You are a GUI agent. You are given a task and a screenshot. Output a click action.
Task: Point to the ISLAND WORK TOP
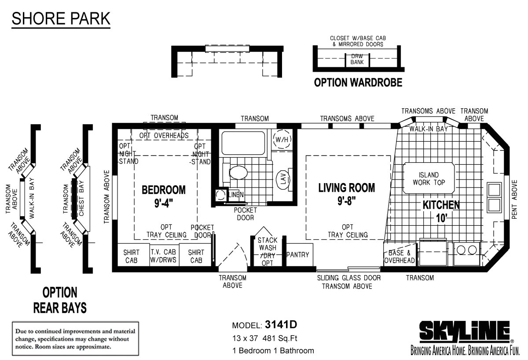tap(429, 179)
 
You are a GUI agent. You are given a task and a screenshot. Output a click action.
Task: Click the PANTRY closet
tap(298, 255)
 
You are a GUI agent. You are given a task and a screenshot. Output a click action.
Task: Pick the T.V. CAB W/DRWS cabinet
tap(164, 256)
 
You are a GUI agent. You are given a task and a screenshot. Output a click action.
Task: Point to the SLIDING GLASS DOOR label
tap(349, 278)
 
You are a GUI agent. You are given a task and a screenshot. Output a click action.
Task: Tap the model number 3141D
tap(281, 325)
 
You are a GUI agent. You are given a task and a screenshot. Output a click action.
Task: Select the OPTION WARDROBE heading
tap(358, 83)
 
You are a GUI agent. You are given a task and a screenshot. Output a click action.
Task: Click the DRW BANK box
tap(357, 59)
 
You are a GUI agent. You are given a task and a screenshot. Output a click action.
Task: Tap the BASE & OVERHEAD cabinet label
tap(400, 257)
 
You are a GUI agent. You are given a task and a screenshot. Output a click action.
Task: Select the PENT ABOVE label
tap(514, 201)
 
